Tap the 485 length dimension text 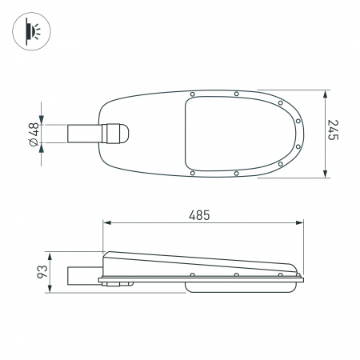pyautogui.click(x=199, y=215)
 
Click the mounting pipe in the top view pyautogui.click(x=83, y=134)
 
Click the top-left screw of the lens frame pyautogui.click(x=192, y=94)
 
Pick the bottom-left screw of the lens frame pyautogui.click(x=192, y=173)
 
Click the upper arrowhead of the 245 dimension pyautogui.click(x=325, y=92)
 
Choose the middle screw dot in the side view pyautogui.click(x=236, y=275)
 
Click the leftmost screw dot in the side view pyautogui.click(x=192, y=275)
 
